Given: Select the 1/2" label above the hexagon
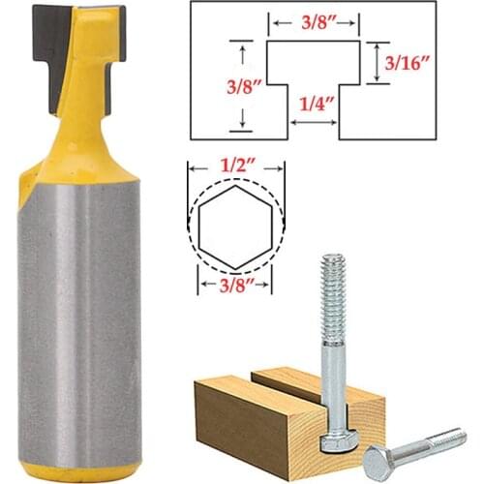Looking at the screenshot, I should [234, 169].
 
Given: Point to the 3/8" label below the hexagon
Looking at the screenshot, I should [234, 287].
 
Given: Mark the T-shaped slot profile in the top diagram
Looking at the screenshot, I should [314, 73].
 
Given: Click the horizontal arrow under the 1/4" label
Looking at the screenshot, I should [314, 122].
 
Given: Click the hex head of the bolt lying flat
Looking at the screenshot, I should [379, 464].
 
